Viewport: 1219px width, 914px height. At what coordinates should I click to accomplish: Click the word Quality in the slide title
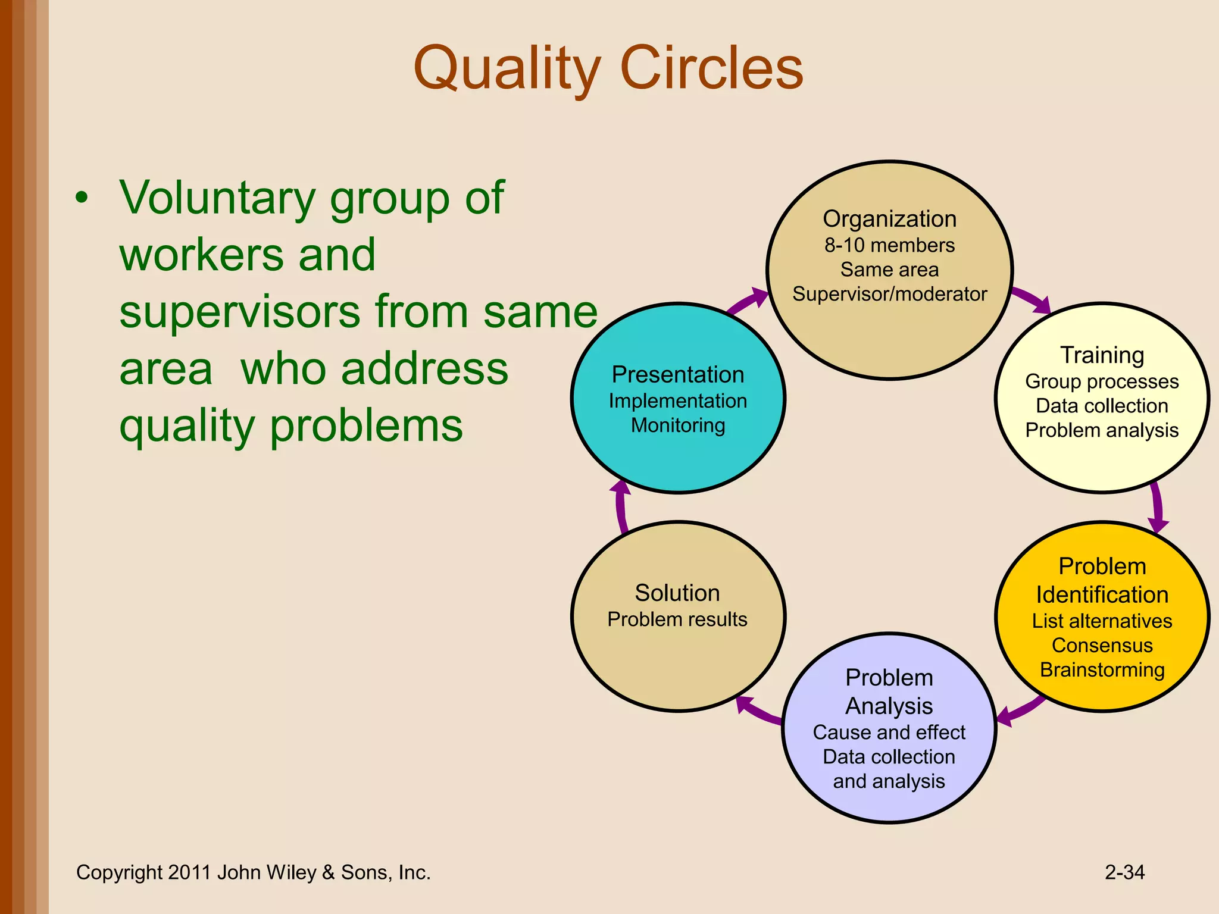507,70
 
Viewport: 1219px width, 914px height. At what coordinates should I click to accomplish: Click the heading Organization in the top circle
889,219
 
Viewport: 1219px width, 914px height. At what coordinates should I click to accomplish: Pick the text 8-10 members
889,245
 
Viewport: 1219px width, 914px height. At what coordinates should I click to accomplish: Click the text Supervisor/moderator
889,294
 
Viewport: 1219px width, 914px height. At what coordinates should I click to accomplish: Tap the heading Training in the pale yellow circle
1102,355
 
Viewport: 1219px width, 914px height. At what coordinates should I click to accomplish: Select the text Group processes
1102,381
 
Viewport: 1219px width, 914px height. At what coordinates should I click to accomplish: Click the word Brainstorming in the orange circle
1102,670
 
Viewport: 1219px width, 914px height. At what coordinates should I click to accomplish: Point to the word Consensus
1102,646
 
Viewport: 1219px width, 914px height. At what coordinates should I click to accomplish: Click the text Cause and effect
889,733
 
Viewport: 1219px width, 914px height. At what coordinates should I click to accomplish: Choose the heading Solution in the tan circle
677,593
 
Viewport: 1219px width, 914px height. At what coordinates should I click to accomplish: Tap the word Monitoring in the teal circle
678,425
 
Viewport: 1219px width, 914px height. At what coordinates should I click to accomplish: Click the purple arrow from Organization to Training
1032,299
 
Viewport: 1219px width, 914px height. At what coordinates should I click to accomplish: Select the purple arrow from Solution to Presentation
621,506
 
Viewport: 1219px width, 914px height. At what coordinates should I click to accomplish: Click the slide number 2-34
1124,872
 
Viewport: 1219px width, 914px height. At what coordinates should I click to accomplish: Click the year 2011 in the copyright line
189,872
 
